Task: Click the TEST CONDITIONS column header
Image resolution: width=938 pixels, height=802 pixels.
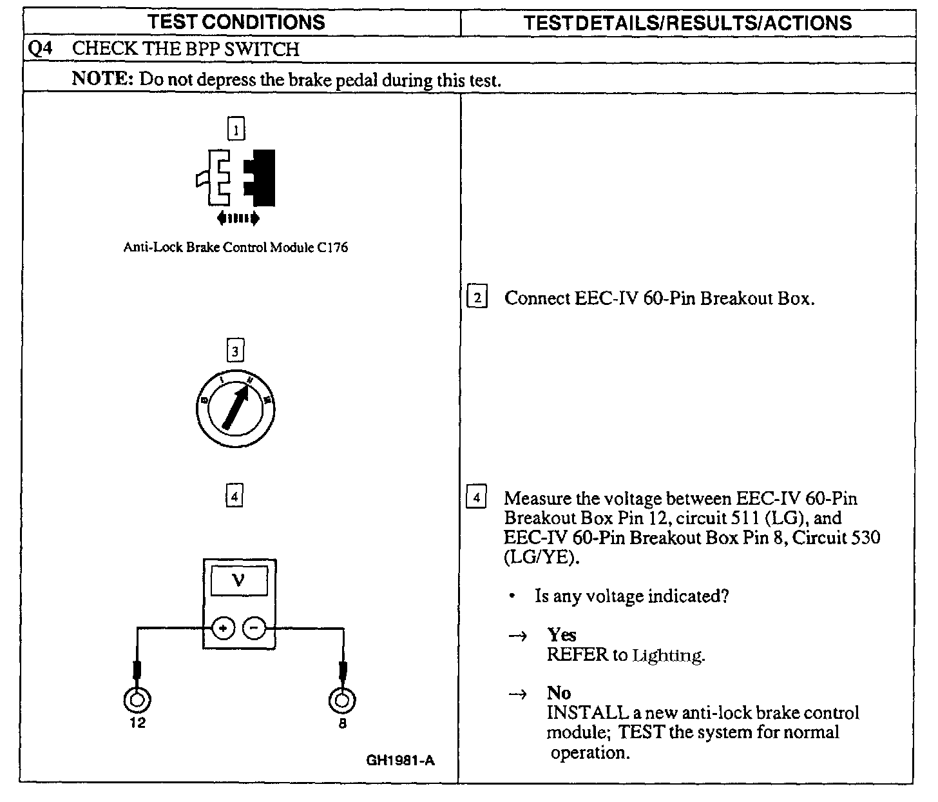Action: [x=236, y=22]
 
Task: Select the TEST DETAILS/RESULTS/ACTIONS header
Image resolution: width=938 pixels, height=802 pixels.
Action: [x=687, y=23]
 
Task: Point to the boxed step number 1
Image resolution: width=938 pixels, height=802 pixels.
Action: [x=236, y=130]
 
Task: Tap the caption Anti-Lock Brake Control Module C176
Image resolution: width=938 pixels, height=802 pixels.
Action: [x=236, y=248]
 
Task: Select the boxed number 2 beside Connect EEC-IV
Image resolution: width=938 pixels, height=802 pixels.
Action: [x=477, y=298]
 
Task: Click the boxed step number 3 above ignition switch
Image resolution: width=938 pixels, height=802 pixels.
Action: [x=235, y=351]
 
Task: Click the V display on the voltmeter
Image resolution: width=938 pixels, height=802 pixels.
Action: [x=238, y=581]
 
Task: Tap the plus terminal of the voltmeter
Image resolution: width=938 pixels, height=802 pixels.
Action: [x=223, y=627]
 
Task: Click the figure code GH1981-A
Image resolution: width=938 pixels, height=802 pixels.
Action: [x=400, y=761]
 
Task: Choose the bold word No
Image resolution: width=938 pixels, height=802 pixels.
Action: [x=559, y=693]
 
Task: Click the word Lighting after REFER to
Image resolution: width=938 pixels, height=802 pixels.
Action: [x=668, y=656]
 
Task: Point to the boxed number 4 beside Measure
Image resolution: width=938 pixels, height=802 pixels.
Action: [x=477, y=498]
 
